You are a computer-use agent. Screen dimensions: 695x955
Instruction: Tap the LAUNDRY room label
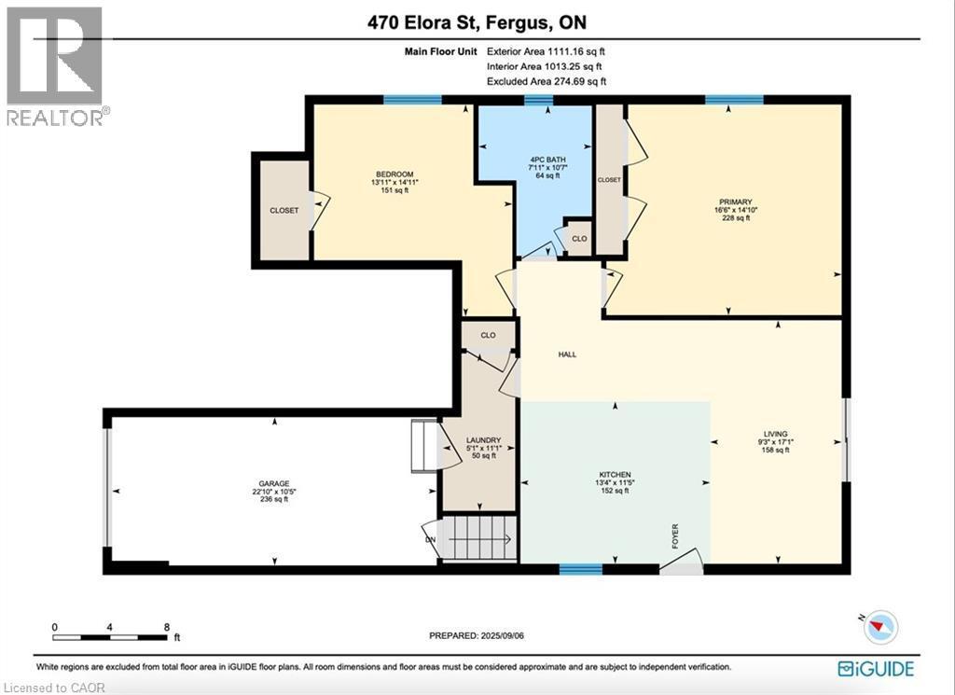(x=484, y=440)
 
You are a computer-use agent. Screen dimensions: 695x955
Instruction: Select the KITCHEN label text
(x=614, y=475)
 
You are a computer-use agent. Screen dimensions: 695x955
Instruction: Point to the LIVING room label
(x=776, y=434)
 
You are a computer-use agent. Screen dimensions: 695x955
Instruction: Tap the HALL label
(x=566, y=354)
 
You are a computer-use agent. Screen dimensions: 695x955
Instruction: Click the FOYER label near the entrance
(x=675, y=536)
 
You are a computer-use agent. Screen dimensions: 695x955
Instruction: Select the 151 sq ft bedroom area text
(x=394, y=190)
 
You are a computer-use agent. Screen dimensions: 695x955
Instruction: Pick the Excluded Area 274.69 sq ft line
(x=546, y=82)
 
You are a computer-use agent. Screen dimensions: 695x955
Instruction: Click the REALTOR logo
(x=55, y=65)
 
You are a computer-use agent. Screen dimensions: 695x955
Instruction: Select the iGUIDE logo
(x=876, y=668)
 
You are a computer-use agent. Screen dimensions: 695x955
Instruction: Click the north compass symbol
(x=879, y=627)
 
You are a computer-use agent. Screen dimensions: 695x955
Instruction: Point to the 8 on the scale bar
(x=166, y=627)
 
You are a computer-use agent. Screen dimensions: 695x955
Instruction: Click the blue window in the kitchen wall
(x=580, y=567)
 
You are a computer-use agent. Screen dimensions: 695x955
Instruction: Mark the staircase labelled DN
(x=476, y=538)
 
